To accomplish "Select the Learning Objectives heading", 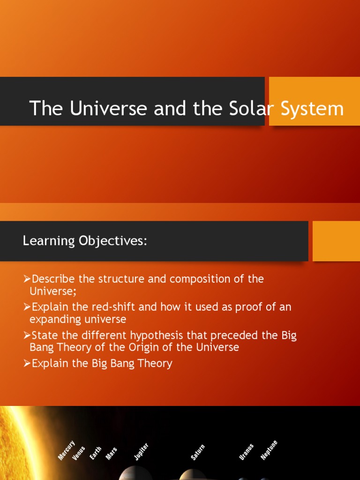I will pos(85,241).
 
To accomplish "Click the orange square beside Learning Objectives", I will pos(336,241).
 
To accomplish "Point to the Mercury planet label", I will pos(67,450).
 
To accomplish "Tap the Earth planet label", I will pos(96,453).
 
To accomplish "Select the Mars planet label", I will pos(112,453).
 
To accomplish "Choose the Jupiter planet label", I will pos(141,451).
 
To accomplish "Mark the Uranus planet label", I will pos(247,452).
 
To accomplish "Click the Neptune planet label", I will pos(269,450).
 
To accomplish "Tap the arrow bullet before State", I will pos(27,336).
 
